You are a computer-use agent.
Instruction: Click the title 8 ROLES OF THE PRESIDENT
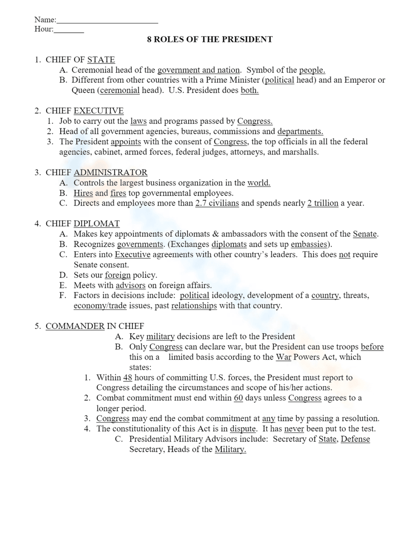[x=210, y=39]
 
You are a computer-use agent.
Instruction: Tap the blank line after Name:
[x=107, y=21]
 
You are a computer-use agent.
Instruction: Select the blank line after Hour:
[x=69, y=31]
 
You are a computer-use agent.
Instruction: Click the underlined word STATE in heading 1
[x=101, y=60]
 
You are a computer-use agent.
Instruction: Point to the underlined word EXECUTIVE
[x=98, y=111]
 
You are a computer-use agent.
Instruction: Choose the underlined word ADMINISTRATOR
[x=110, y=172]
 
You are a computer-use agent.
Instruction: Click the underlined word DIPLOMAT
[x=97, y=224]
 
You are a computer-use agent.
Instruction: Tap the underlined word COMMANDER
[x=75, y=326]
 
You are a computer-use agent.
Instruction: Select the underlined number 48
[x=128, y=378]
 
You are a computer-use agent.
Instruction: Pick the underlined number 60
[x=238, y=398]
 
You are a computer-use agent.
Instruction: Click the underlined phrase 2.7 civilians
[x=217, y=203]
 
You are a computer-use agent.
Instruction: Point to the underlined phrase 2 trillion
[x=323, y=203]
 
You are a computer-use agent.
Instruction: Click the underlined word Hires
[x=83, y=193]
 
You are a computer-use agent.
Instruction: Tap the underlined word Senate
[x=365, y=234]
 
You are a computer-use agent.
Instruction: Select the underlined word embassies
[x=309, y=244]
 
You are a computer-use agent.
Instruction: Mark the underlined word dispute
[x=243, y=429]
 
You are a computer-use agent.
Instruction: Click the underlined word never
[x=294, y=429]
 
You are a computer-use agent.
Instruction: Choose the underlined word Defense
[x=355, y=439]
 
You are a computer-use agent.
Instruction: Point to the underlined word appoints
[x=126, y=142]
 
